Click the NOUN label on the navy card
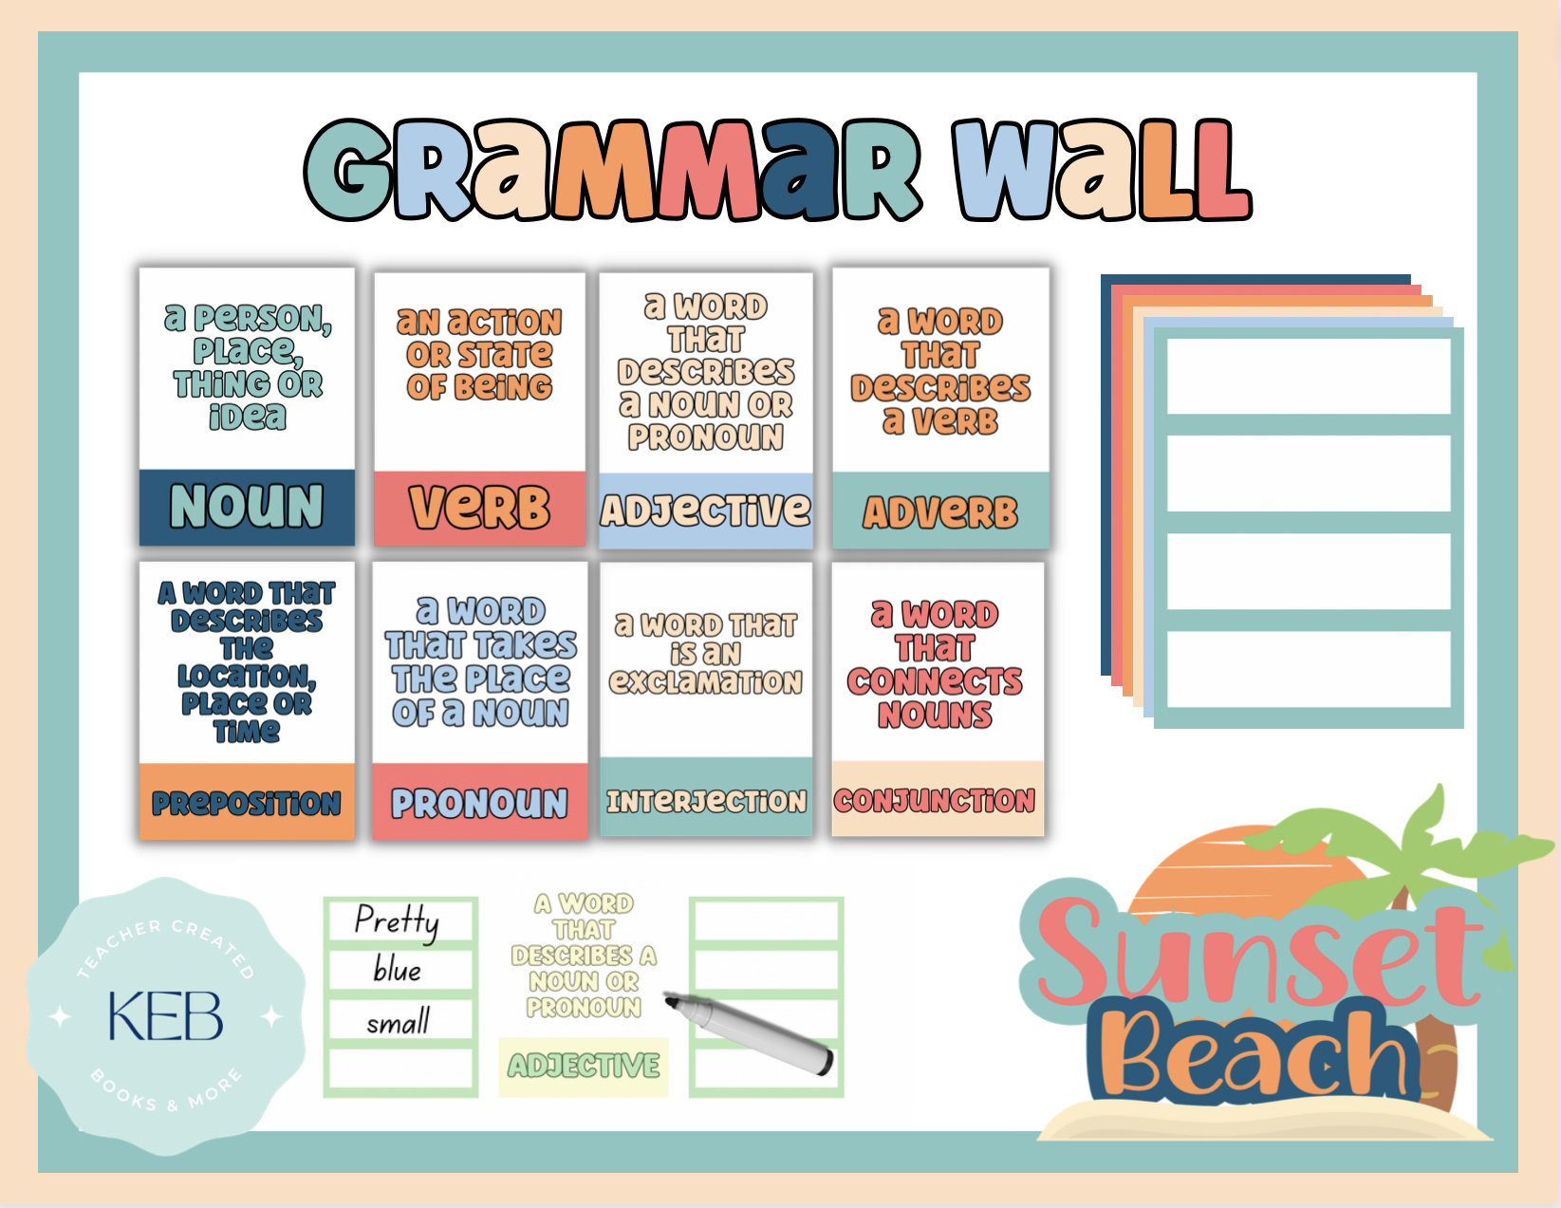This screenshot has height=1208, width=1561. [247, 506]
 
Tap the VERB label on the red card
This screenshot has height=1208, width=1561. [479, 508]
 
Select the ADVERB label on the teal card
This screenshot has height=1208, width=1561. [939, 512]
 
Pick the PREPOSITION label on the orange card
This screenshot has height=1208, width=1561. [247, 803]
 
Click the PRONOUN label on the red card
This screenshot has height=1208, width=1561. [479, 803]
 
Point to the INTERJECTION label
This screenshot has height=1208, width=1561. [706, 801]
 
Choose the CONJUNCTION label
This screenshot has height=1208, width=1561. [935, 800]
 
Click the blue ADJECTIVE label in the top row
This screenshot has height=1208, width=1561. [706, 511]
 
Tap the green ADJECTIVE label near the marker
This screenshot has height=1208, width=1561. [584, 1066]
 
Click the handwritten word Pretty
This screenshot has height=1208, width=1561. [397, 920]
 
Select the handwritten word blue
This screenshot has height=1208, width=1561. [397, 970]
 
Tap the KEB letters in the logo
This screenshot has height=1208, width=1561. [166, 1016]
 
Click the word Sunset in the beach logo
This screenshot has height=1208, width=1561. [1257, 954]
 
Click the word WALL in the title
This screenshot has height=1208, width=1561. [1101, 171]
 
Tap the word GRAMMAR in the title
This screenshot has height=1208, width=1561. [612, 171]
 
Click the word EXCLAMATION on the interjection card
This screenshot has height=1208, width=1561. [706, 681]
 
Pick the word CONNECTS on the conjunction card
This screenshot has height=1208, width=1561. [935, 681]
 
